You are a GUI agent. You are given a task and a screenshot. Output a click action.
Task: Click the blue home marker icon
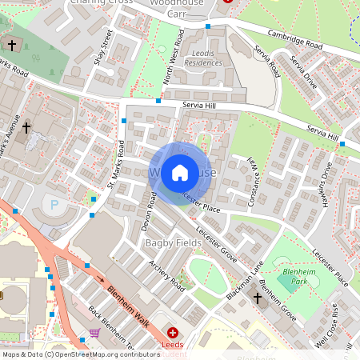click(180, 172)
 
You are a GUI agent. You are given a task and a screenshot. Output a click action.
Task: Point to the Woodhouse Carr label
click(183, 7)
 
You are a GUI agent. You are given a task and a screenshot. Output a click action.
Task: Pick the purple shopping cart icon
click(95, 332)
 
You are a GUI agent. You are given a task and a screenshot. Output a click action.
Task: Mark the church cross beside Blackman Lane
click(258, 298)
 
